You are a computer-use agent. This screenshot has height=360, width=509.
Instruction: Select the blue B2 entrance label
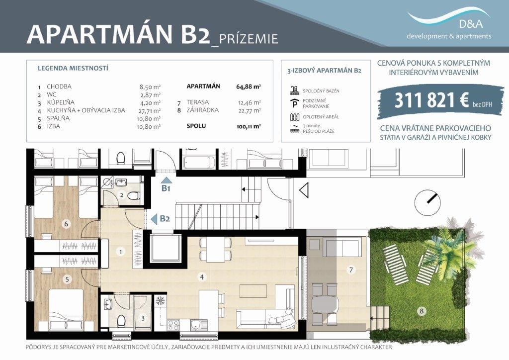[x=165, y=218]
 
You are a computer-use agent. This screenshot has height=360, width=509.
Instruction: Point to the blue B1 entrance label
[x=166, y=188]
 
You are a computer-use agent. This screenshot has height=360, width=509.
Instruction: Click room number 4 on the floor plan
[x=202, y=277]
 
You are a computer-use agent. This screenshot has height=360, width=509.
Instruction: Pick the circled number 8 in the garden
[x=422, y=311]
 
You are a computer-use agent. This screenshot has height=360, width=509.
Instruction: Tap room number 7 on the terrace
[x=350, y=270]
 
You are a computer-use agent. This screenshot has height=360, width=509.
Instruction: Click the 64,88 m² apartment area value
[x=249, y=87]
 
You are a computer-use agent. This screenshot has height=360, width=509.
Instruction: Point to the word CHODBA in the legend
[x=59, y=87]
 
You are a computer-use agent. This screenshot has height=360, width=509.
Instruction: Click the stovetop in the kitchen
[x=173, y=324]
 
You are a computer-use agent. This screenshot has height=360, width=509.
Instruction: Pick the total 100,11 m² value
[x=249, y=127]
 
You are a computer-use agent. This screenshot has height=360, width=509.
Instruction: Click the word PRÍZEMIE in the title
[x=249, y=39]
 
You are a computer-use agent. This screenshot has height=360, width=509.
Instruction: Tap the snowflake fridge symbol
[x=160, y=300]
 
